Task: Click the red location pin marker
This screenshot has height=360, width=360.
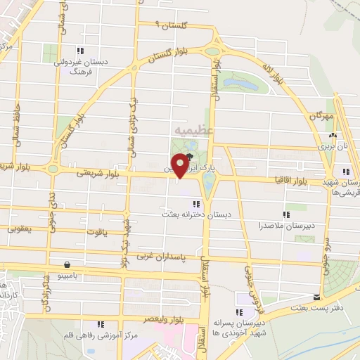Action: pos(180,165)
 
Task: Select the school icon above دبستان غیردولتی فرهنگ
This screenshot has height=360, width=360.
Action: pos(81,50)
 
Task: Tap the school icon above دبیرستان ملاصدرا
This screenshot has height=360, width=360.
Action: pos(285,214)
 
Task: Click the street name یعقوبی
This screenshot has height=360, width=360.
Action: pos(20,229)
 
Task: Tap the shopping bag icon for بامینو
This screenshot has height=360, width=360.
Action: pos(67,265)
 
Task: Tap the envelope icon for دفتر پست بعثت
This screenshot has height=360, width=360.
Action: pos(317,297)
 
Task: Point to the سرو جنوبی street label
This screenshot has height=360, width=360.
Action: pos(326,252)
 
